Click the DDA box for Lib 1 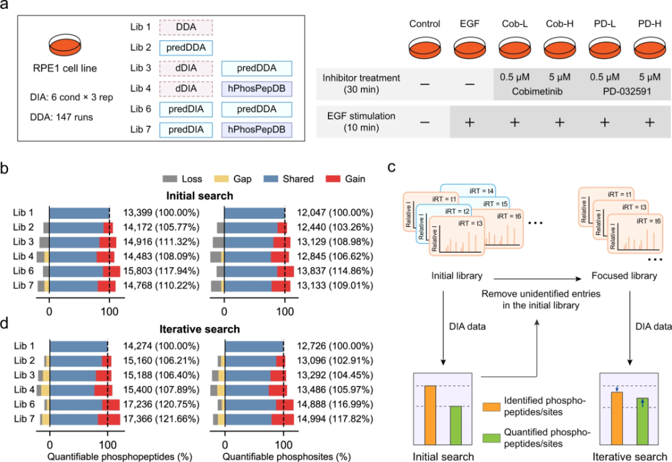(186, 27)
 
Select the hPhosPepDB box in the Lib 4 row (257, 89)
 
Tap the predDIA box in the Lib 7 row (186, 130)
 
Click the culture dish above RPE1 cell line (65, 45)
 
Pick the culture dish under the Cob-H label (560, 48)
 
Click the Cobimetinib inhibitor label (537, 91)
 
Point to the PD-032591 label (627, 91)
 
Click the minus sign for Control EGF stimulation (425, 122)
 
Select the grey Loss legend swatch (170, 179)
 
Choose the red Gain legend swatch (333, 179)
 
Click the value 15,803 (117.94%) (161, 271)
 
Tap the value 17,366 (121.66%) (161, 419)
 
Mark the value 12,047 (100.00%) (335, 213)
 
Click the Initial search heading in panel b (200, 195)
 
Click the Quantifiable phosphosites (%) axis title (287, 457)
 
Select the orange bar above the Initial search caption (430, 415)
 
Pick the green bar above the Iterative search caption (642, 421)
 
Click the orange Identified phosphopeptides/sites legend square (491, 406)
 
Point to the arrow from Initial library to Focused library (538, 279)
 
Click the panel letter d (4, 323)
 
